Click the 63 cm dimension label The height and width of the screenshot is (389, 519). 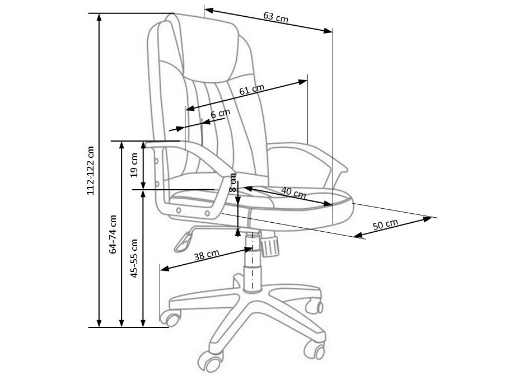(275, 17)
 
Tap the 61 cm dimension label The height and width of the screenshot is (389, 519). (251, 90)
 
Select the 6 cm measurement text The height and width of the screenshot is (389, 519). (220, 114)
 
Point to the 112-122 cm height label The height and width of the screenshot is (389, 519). (91, 171)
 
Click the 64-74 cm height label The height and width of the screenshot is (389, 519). (113, 235)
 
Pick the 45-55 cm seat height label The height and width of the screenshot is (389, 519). (134, 259)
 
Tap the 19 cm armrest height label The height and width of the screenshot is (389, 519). (134, 165)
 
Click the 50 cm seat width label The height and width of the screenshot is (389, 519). (385, 225)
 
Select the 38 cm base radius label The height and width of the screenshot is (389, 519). (206, 255)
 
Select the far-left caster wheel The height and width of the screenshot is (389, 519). (171, 319)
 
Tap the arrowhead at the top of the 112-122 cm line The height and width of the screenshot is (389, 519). (100, 17)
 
